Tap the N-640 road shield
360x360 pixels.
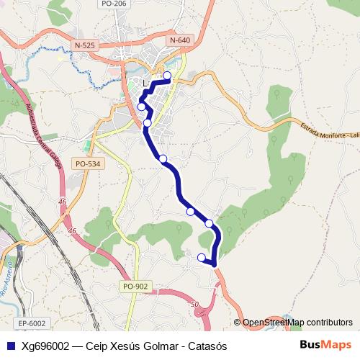pyautogui.click(x=181, y=40)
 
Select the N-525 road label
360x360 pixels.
pyautogui.click(x=85, y=45)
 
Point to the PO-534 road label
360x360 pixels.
pyautogui.click(x=88, y=164)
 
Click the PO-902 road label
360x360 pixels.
pyautogui.click(x=135, y=287)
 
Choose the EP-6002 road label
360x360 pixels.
pyautogui.click(x=32, y=323)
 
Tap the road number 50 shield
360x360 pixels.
pyautogui.click(x=194, y=305)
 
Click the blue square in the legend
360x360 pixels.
pyautogui.click(x=9, y=346)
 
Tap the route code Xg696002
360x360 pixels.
pyautogui.click(x=45, y=346)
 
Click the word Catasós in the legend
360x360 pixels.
pyautogui.click(x=208, y=346)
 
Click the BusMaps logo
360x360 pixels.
pyautogui.click(x=325, y=346)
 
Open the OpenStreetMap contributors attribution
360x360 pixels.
pyautogui.click(x=297, y=323)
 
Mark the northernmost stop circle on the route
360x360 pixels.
pyautogui.click(x=168, y=75)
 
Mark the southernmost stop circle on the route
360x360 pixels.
pyautogui.click(x=202, y=256)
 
